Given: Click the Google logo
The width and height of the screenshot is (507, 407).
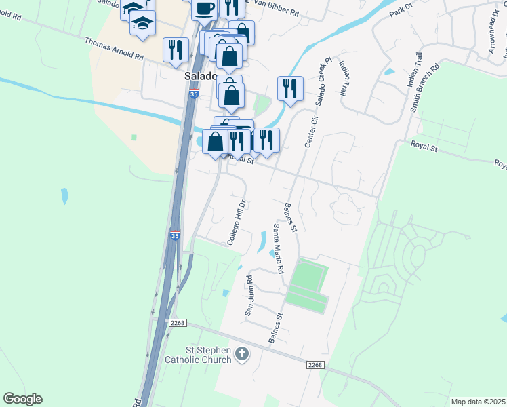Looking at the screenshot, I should coord(22,399).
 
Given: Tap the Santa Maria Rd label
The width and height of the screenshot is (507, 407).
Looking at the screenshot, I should coord(278,248).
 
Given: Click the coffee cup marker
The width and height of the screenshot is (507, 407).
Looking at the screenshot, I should coord(204,9).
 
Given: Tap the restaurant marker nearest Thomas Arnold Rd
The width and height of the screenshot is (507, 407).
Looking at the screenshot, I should coord(175,49).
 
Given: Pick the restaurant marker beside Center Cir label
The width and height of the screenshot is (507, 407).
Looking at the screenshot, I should coord(289,88).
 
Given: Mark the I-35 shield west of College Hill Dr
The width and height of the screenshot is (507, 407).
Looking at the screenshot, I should coord(175,235).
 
